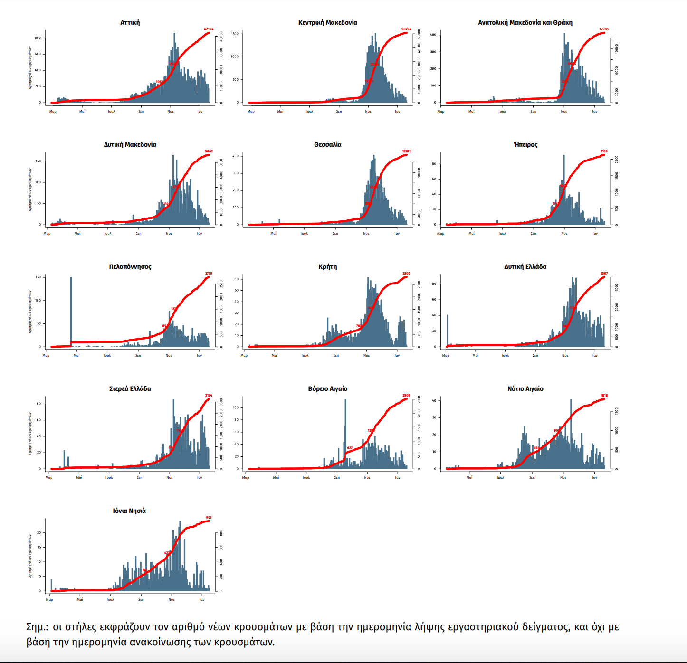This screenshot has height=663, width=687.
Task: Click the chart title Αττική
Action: pos(130,22)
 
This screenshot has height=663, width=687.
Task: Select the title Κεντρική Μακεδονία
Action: pos(327,22)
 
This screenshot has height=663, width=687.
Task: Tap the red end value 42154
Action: pos(209,29)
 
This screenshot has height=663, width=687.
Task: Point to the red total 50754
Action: pos(406,29)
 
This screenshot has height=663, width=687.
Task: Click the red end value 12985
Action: pos(604,29)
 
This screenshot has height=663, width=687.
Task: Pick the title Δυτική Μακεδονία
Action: pos(130,144)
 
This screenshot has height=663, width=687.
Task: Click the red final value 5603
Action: pos(209,152)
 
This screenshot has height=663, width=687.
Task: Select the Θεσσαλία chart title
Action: pos(327,144)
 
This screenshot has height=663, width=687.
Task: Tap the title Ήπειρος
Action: pos(525,144)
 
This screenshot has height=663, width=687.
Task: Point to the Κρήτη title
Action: pos(327,266)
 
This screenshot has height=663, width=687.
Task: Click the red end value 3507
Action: pos(604,274)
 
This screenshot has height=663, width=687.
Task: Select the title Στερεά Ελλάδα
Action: pos(130,388)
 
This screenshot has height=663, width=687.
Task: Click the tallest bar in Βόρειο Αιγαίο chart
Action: pos(345,432)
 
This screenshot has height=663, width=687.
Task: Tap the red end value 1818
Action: pos(604,396)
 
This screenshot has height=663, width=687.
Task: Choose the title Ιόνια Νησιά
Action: pos(129,511)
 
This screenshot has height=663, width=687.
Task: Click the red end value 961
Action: pos(209,518)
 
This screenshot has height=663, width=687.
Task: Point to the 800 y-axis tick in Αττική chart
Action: pos(38,38)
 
